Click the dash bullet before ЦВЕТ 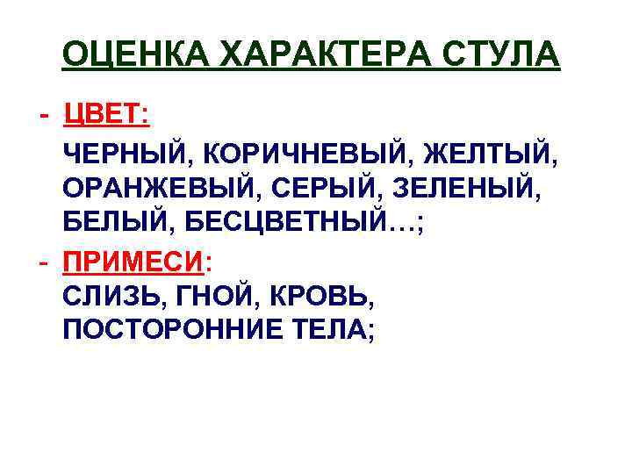pyautogui.click(x=44, y=116)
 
